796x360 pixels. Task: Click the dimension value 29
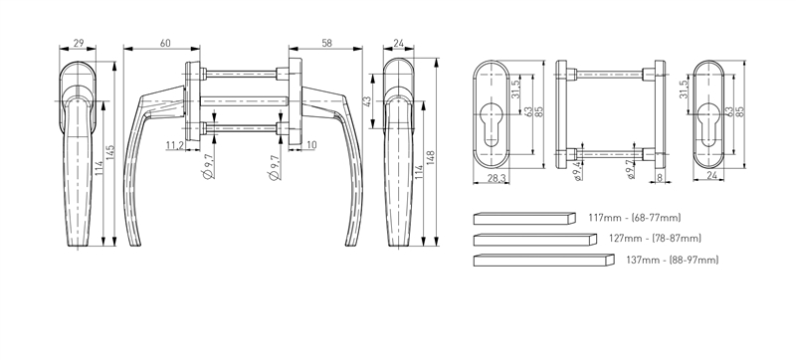point(79,43)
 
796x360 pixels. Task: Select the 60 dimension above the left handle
point(165,43)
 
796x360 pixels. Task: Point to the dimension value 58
point(327,43)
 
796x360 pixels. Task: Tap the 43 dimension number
point(367,100)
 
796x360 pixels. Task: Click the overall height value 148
point(431,158)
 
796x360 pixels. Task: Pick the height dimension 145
point(110,153)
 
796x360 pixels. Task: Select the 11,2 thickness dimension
point(175,145)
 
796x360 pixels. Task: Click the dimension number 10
point(311,145)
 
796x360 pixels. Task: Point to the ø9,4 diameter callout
point(577,170)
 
